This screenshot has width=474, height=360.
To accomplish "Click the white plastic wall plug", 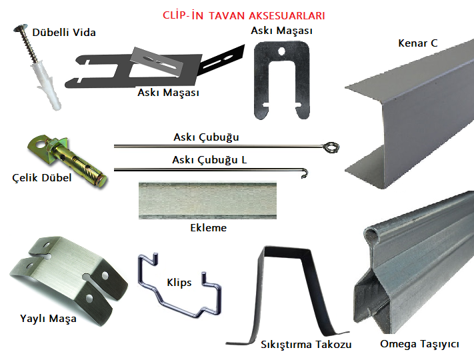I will pyautogui.click(x=45, y=83).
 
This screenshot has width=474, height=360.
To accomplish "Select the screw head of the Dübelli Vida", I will pyautogui.click(x=19, y=29).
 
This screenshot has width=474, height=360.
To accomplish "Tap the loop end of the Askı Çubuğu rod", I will pyautogui.click(x=329, y=146).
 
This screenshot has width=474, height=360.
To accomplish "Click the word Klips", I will pyautogui.click(x=179, y=283).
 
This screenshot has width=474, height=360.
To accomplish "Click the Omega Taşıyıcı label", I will pyautogui.click(x=419, y=345).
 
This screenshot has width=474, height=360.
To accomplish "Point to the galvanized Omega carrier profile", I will pyautogui.click(x=413, y=267).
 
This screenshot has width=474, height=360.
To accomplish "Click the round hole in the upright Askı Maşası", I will pyautogui.click(x=283, y=50).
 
